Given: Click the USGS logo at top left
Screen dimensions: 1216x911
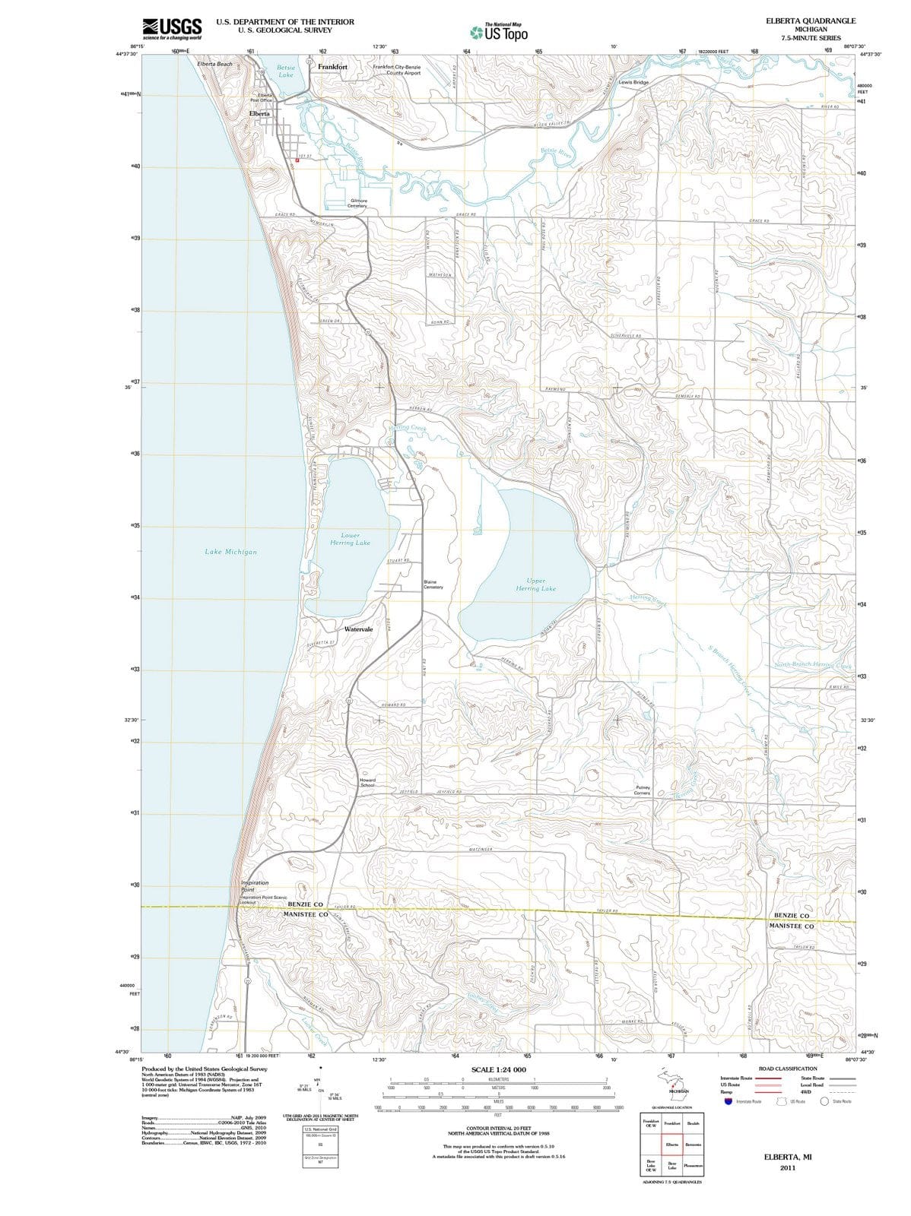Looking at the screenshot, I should click(172, 29).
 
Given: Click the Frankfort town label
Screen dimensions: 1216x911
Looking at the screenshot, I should click(332, 67).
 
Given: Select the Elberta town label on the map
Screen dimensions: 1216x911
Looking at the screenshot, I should click(259, 113).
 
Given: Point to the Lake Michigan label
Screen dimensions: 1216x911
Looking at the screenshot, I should click(230, 552).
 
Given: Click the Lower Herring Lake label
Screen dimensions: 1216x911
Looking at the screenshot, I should click(350, 539).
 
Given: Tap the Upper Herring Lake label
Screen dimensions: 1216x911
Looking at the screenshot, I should click(535, 584).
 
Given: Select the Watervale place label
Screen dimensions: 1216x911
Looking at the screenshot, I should click(358, 629).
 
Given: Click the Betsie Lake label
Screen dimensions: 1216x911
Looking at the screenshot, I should click(286, 71).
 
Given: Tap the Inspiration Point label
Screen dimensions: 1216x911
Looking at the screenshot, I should click(254, 886).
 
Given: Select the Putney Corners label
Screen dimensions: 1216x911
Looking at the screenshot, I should click(641, 790).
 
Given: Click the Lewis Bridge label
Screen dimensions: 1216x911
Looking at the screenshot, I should click(633, 82).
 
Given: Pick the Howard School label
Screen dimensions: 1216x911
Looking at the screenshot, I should click(367, 782).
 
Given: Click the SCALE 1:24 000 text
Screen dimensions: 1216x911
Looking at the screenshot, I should click(498, 1069).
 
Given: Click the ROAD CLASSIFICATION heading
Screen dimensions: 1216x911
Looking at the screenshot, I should click(788, 1069).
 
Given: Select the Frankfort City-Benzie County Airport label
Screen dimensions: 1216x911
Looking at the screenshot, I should click(397, 70).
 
